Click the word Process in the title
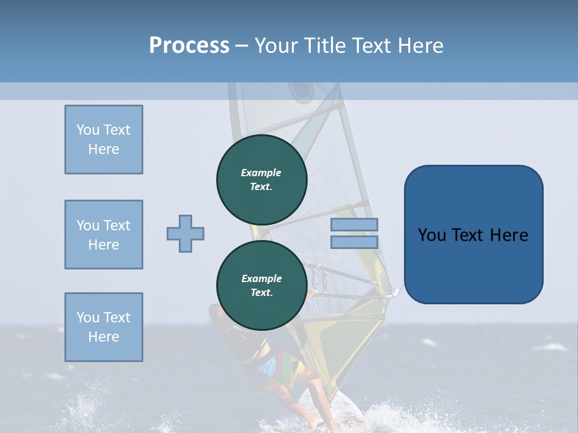tap(189, 46)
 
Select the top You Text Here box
tap(104, 140)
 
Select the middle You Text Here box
tap(104, 235)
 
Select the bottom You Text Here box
tap(104, 327)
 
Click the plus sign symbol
tap(185, 233)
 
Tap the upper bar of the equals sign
tap(354, 224)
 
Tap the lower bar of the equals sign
tap(354, 242)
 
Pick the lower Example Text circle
tap(261, 285)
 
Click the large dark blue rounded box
tap(473, 265)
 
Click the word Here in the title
tap(417, 46)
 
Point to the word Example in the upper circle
tap(261, 173)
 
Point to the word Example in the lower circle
tap(261, 278)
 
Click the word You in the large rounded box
tap(432, 235)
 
